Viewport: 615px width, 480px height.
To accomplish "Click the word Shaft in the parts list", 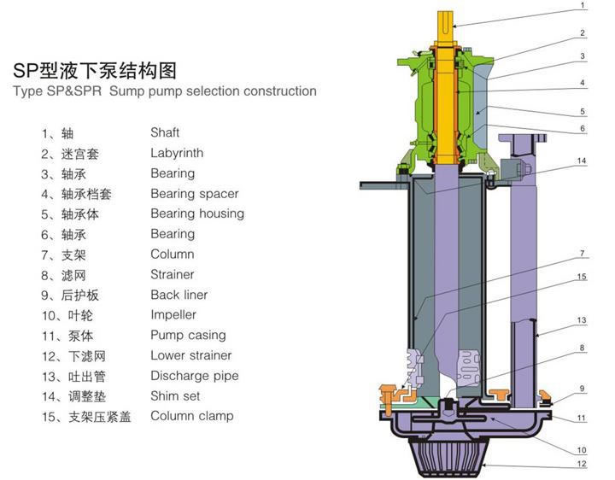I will pyautogui.click(x=165, y=133).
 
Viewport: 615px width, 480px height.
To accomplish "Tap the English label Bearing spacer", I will pyautogui.click(x=195, y=194).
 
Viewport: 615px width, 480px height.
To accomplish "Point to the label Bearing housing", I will pyautogui.click(x=197, y=214).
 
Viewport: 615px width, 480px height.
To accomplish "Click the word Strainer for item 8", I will pyautogui.click(x=173, y=274).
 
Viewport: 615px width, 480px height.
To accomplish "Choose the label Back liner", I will pyautogui.click(x=179, y=295).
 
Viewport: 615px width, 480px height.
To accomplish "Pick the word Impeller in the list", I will pyautogui.click(x=173, y=315).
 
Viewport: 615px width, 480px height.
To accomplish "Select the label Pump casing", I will pyautogui.click(x=188, y=335).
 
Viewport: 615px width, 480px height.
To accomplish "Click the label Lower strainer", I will pyautogui.click(x=191, y=355).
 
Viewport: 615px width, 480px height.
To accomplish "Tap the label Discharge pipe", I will pyautogui.click(x=195, y=376).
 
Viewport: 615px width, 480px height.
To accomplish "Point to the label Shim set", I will pyautogui.click(x=176, y=396).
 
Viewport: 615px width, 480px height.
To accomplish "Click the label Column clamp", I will pyautogui.click(x=192, y=416).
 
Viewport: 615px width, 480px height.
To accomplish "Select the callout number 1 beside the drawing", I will pyautogui.click(x=583, y=5).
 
